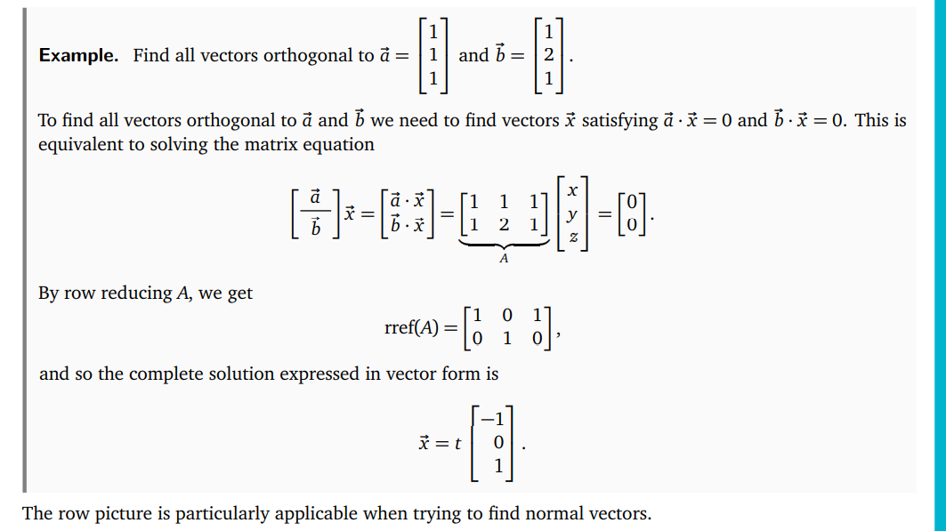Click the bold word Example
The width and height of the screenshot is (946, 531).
[x=78, y=55]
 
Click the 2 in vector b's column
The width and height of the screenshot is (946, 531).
[x=548, y=55]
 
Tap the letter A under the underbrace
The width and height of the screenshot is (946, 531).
[x=504, y=259]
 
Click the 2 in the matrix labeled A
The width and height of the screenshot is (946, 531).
[x=504, y=225]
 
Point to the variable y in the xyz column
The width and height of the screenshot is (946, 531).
[x=573, y=214]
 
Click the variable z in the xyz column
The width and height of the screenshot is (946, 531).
[x=573, y=237]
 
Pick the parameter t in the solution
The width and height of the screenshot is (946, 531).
[x=457, y=442]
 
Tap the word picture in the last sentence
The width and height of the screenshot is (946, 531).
[x=137, y=513]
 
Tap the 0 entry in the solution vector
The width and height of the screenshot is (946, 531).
[x=498, y=442]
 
